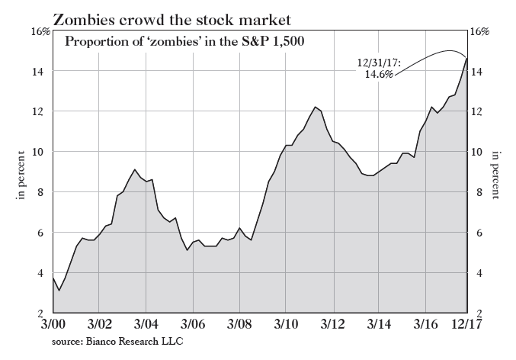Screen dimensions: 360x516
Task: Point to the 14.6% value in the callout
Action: (x=379, y=76)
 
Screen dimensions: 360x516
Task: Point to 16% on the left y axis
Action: (x=40, y=31)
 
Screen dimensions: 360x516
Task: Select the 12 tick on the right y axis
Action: (x=479, y=111)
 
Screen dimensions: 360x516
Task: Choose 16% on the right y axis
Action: (x=482, y=31)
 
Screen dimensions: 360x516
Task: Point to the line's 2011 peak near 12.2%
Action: (x=315, y=107)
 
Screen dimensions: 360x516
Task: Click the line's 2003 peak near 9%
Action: (x=134, y=169)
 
